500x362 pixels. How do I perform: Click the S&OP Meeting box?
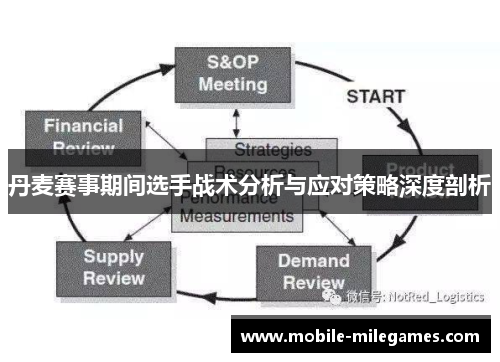(x=232, y=72)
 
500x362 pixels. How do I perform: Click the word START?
(x=375, y=97)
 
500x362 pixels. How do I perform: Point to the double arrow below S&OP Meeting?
(x=236, y=122)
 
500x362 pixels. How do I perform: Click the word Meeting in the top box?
(x=232, y=84)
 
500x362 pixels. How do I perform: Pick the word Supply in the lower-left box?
(x=113, y=256)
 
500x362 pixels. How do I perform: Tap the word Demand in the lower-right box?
(x=313, y=262)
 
